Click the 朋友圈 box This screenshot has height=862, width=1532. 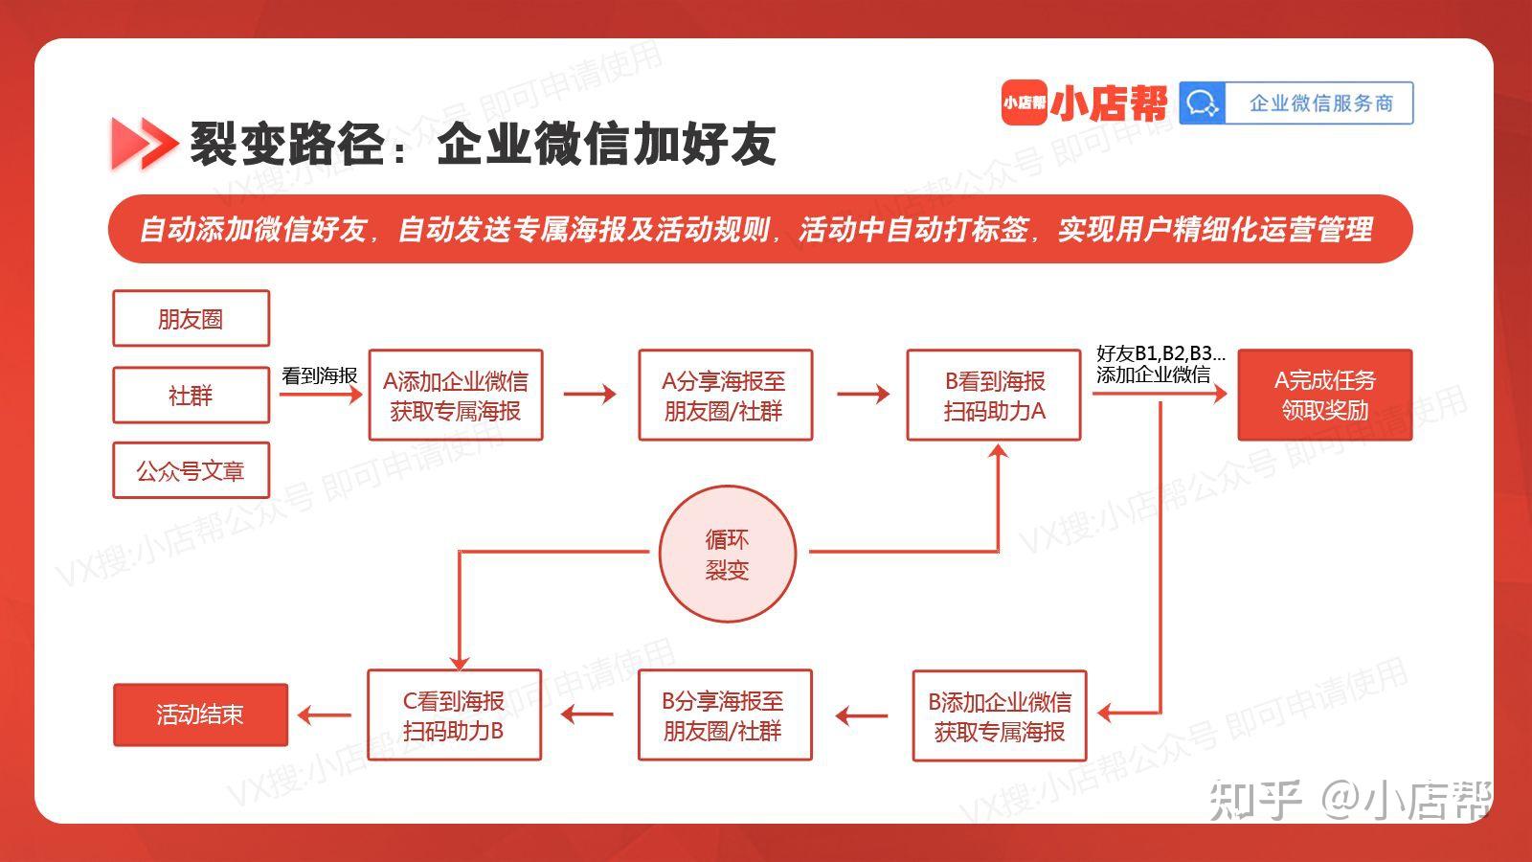[191, 318]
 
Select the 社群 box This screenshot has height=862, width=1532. [191, 395]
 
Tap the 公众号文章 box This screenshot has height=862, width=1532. [191, 470]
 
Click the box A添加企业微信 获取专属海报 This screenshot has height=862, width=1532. [456, 396]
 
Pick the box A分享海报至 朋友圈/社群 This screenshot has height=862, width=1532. [725, 396]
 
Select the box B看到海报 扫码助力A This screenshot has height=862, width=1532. [994, 396]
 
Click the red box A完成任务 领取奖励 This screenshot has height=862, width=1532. [1324, 395]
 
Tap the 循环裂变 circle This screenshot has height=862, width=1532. [727, 555]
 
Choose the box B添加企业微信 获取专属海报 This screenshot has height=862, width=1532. [999, 716]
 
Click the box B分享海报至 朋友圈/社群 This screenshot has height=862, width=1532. [724, 715]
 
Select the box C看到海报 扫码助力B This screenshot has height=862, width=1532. [454, 715]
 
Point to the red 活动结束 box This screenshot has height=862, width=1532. [200, 715]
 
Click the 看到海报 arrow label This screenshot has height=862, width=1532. [319, 375]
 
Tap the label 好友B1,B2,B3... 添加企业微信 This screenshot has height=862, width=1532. [1160, 364]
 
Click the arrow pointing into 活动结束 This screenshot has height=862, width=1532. [325, 715]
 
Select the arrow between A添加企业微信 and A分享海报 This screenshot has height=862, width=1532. [590, 394]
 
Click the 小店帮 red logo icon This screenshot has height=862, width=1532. [1024, 102]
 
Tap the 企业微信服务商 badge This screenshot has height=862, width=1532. [1296, 102]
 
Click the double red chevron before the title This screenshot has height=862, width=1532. [144, 144]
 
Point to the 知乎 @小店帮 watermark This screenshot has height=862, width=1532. [1350, 799]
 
